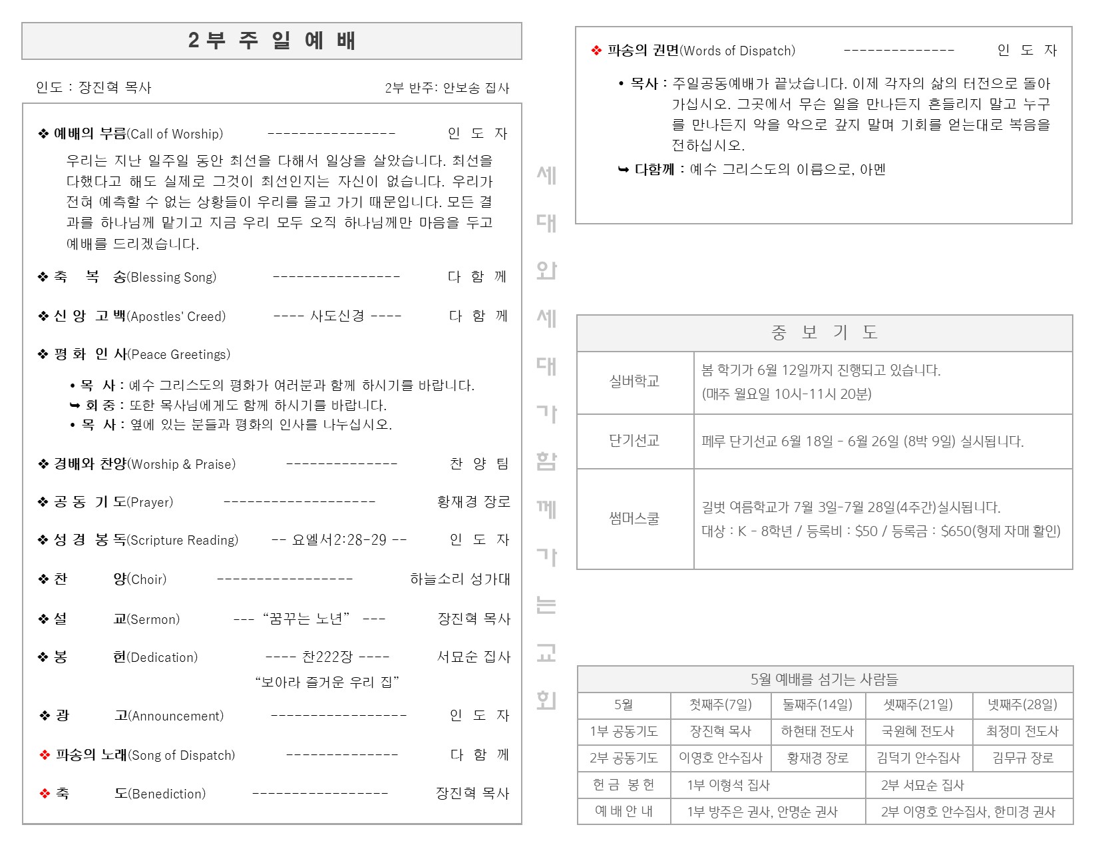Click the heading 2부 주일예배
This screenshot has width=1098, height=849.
[272, 41]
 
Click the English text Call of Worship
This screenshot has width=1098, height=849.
[176, 134]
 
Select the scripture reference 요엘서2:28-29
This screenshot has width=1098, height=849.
[339, 540]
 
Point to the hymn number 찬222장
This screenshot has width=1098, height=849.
[327, 657]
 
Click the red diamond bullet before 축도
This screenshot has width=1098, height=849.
[45, 794]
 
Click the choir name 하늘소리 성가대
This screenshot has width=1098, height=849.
[460, 579]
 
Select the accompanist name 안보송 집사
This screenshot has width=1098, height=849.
[476, 88]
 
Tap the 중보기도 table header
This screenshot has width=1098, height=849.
[824, 333]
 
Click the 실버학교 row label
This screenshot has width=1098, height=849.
[634, 382]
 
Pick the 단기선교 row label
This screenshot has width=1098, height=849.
[634, 441]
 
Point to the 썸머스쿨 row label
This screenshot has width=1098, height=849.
[634, 519]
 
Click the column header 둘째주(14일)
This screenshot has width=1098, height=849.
[817, 705]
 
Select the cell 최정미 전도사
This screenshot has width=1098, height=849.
[1022, 731]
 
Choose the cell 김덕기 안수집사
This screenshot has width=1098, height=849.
[918, 758]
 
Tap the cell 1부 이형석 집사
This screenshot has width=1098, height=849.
[728, 785]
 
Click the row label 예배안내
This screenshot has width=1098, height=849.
[624, 812]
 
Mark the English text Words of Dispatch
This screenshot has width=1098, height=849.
[739, 51]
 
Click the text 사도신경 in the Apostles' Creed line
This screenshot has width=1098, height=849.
[337, 316]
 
